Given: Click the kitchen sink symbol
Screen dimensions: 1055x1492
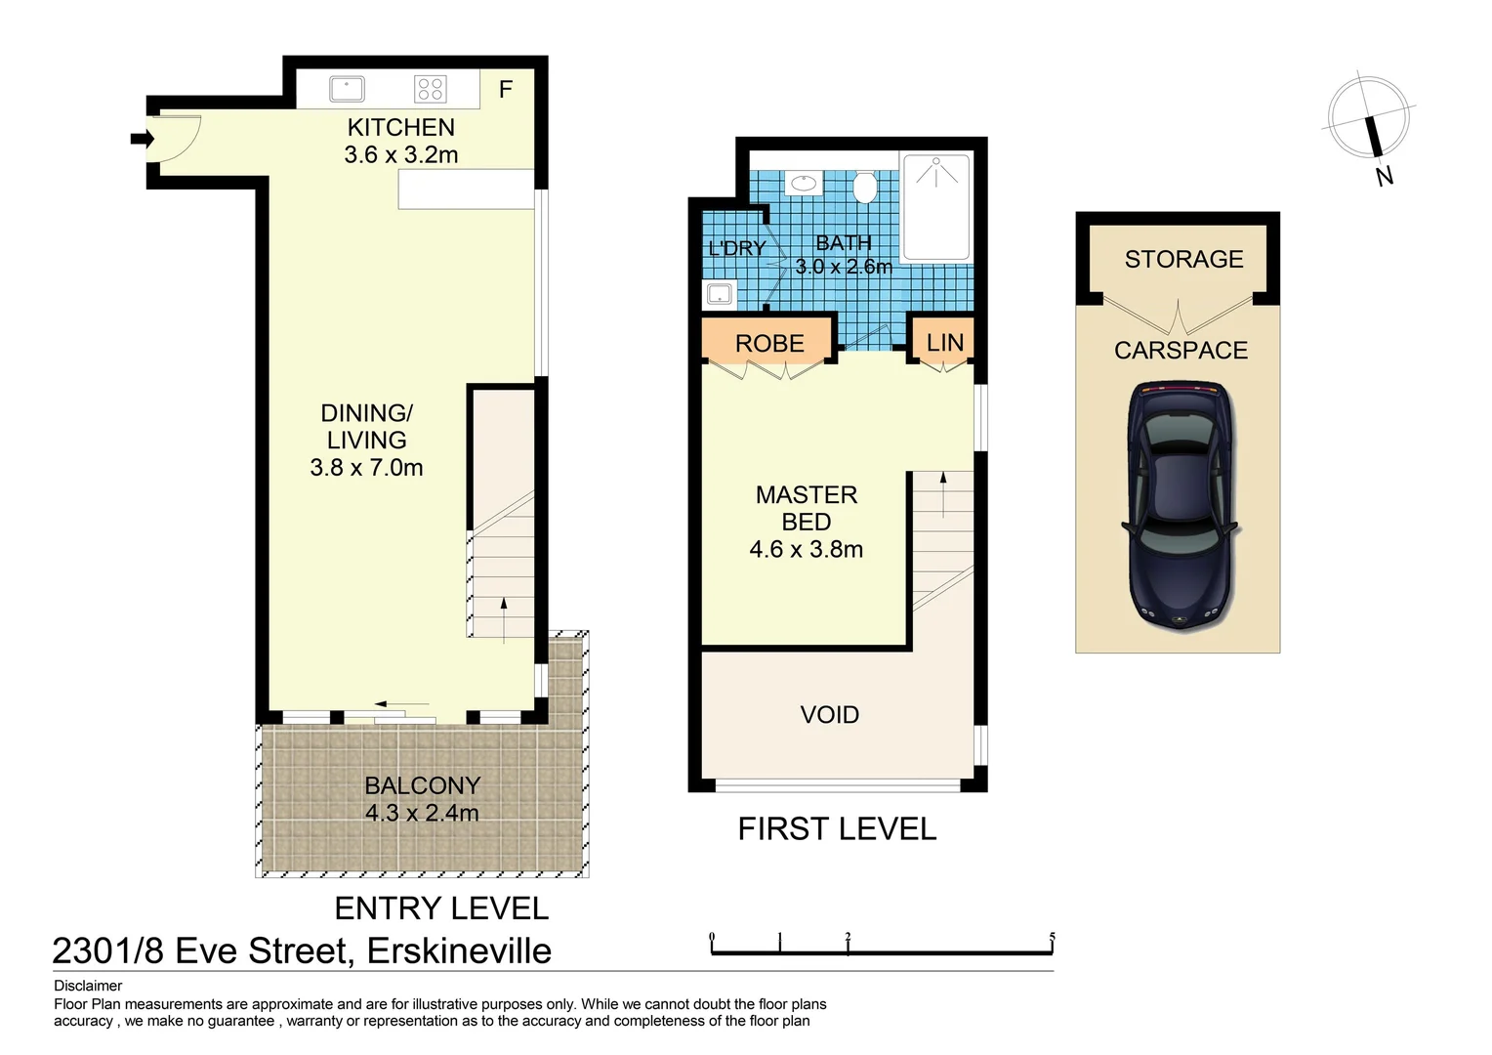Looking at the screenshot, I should pyautogui.click(x=347, y=89).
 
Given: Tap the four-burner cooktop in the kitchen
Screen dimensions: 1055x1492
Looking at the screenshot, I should pyautogui.click(x=431, y=89).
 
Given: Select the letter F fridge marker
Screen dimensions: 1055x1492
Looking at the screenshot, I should pyautogui.click(x=506, y=90).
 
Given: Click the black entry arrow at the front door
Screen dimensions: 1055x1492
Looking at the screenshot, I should pyautogui.click(x=142, y=139).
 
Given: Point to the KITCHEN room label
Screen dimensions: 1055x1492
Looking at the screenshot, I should pyautogui.click(x=400, y=128).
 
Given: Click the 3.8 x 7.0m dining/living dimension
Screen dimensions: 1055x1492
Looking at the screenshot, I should pyautogui.click(x=366, y=468).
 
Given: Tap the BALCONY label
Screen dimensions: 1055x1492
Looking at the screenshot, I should pyautogui.click(x=422, y=785).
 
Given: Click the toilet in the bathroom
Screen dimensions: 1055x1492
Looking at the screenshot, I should pyautogui.click(x=864, y=186).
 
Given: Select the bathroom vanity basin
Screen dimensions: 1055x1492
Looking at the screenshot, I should pyautogui.click(x=804, y=184).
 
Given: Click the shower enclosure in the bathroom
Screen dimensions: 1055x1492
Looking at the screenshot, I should pyautogui.click(x=935, y=206).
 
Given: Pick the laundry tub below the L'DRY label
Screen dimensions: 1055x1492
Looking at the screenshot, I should pyautogui.click(x=720, y=293).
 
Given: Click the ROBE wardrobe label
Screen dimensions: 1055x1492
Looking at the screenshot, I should pyautogui.click(x=769, y=344).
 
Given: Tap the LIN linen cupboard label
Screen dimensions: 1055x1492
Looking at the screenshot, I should pyautogui.click(x=944, y=343).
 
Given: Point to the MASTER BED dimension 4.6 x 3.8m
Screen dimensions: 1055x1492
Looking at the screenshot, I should pyautogui.click(x=806, y=550).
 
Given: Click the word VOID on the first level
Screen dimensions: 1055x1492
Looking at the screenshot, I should pyautogui.click(x=829, y=715).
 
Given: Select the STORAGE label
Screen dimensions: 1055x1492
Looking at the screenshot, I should pyautogui.click(x=1183, y=260).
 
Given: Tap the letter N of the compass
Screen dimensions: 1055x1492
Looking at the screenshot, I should pyautogui.click(x=1384, y=177).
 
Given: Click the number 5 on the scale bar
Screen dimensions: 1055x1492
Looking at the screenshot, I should pyautogui.click(x=1052, y=937).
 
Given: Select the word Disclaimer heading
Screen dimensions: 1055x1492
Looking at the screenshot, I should pyautogui.click(x=88, y=986).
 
